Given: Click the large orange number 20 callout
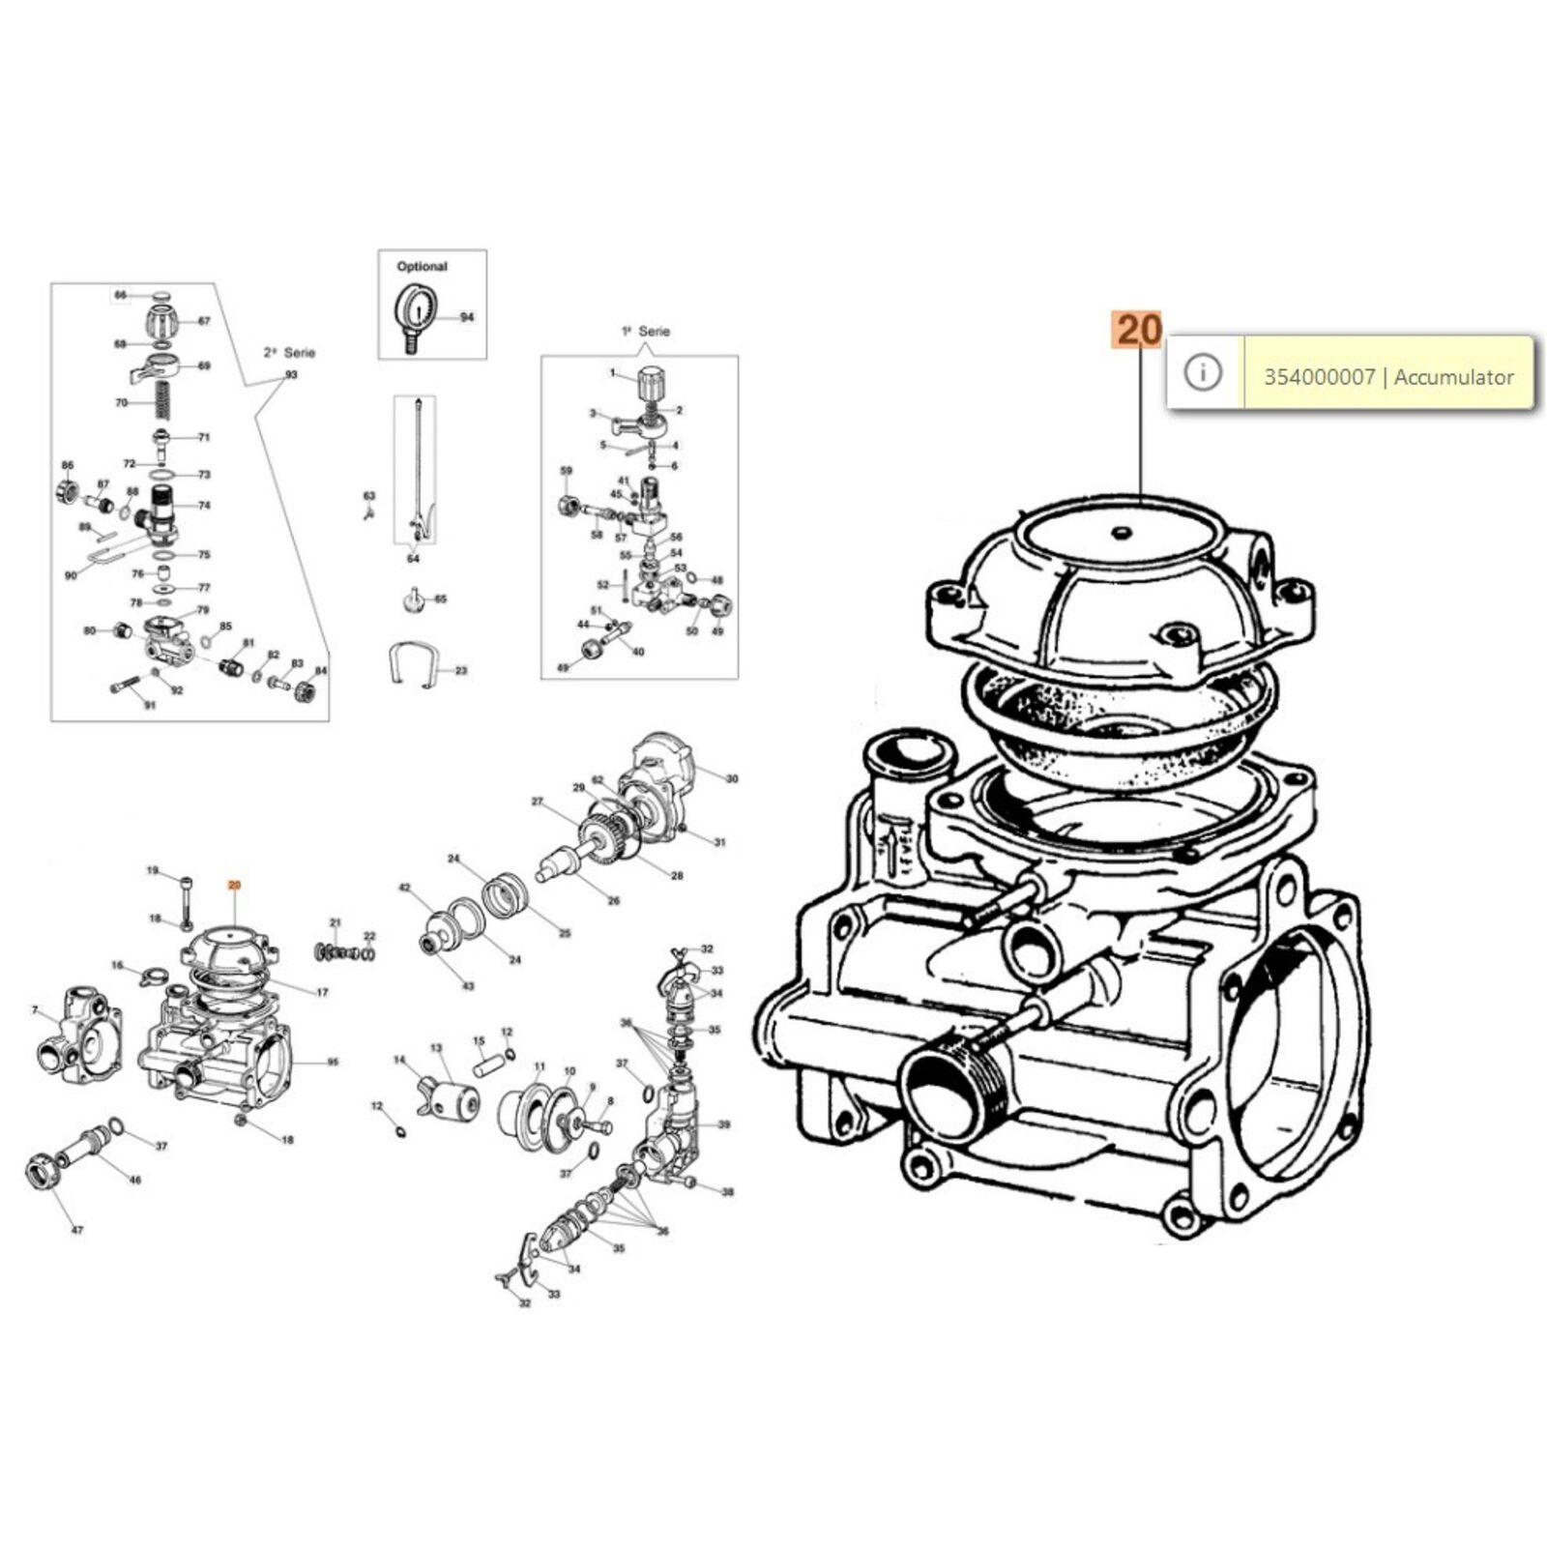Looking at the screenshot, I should [x=1140, y=330].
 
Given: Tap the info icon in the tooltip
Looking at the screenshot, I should [x=1203, y=372].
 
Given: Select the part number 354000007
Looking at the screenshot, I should [x=1319, y=377].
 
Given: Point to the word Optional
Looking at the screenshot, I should [x=422, y=266].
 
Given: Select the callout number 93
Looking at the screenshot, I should [x=291, y=375].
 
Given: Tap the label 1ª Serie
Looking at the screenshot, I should [x=646, y=331].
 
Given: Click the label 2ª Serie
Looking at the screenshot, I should [x=289, y=353].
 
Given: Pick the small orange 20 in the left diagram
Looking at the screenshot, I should [x=234, y=885].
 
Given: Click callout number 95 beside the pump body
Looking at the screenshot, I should [x=333, y=1062].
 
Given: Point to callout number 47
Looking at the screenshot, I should [x=77, y=1231].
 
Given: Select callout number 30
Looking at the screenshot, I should [x=732, y=778].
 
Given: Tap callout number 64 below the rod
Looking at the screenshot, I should [x=414, y=559].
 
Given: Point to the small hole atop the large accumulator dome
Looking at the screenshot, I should [x=1122, y=531].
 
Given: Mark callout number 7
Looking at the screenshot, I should [x=35, y=1010].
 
